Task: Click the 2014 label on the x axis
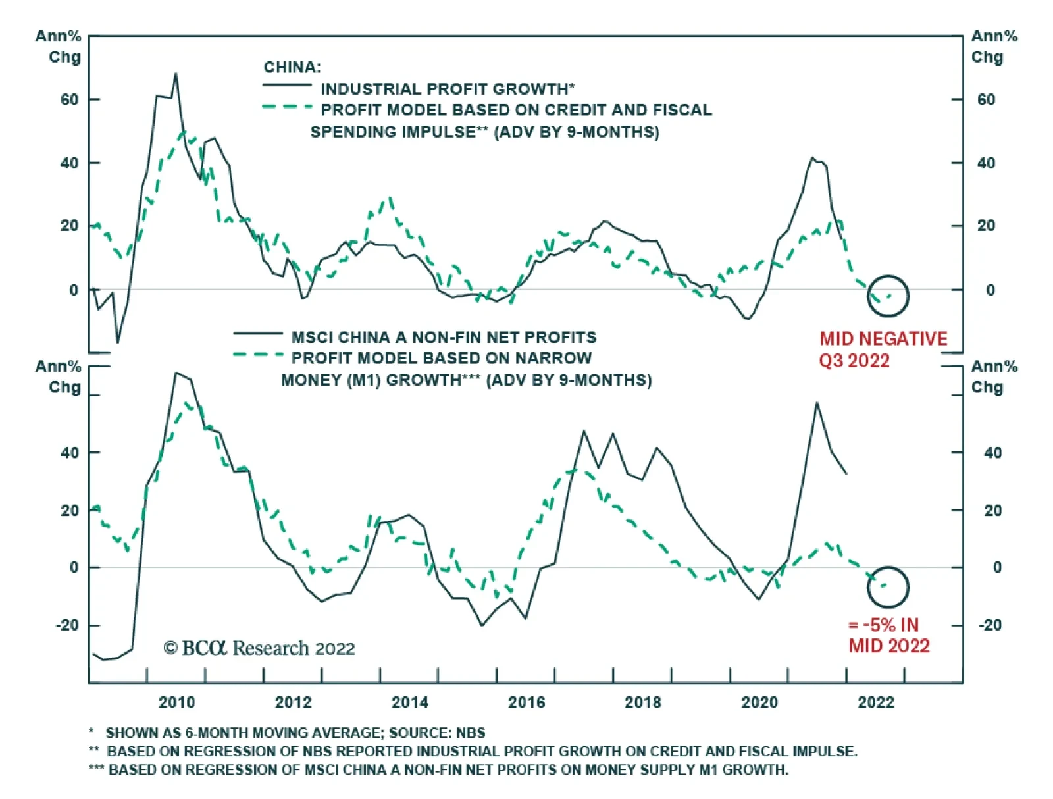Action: pos(409,702)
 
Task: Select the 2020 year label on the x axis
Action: pos(759,702)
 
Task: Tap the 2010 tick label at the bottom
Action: pos(176,702)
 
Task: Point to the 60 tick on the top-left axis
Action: pos(69,99)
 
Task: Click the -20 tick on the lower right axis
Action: pos(990,625)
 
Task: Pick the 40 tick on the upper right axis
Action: pos(986,163)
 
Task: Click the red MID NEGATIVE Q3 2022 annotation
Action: pos(883,349)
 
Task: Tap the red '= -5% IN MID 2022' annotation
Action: pos(888,635)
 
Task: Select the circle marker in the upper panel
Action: pos(888,296)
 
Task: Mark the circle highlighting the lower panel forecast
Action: pos(888,587)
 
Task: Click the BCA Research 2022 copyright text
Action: pos(259,648)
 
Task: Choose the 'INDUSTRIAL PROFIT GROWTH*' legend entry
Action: pos(448,89)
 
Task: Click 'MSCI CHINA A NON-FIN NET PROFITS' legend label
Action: pos(444,337)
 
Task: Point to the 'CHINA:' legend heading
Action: pos(292,67)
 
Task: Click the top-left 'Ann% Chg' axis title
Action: pos(59,46)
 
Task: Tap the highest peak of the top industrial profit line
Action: pos(176,74)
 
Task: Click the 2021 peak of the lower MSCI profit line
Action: pos(817,403)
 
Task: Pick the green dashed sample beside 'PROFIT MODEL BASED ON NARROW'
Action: pos(258,356)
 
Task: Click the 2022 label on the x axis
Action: pos(876,702)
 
